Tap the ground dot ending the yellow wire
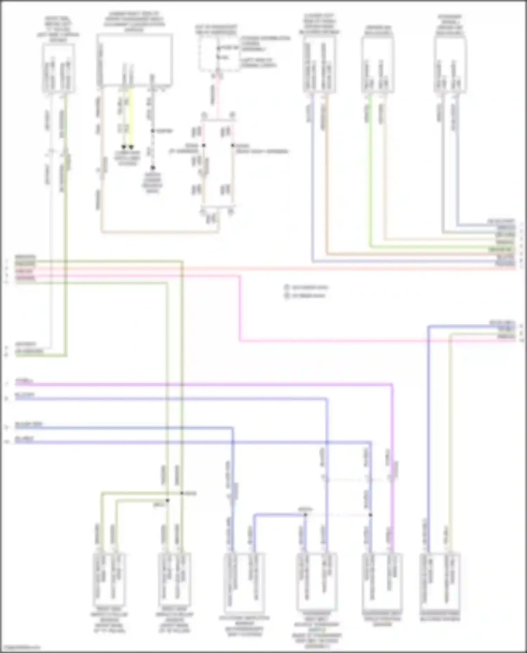pos(131,147)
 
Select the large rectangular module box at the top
pos(135,60)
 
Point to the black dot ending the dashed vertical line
pos(153,168)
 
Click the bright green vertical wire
pos(370,168)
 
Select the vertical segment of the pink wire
pos(240,309)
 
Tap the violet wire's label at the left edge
pos(24,381)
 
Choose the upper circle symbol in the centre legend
pos(287,287)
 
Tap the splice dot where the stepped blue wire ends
pos(305,515)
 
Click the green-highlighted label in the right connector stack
pos(500,249)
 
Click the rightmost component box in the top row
pos(450,65)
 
